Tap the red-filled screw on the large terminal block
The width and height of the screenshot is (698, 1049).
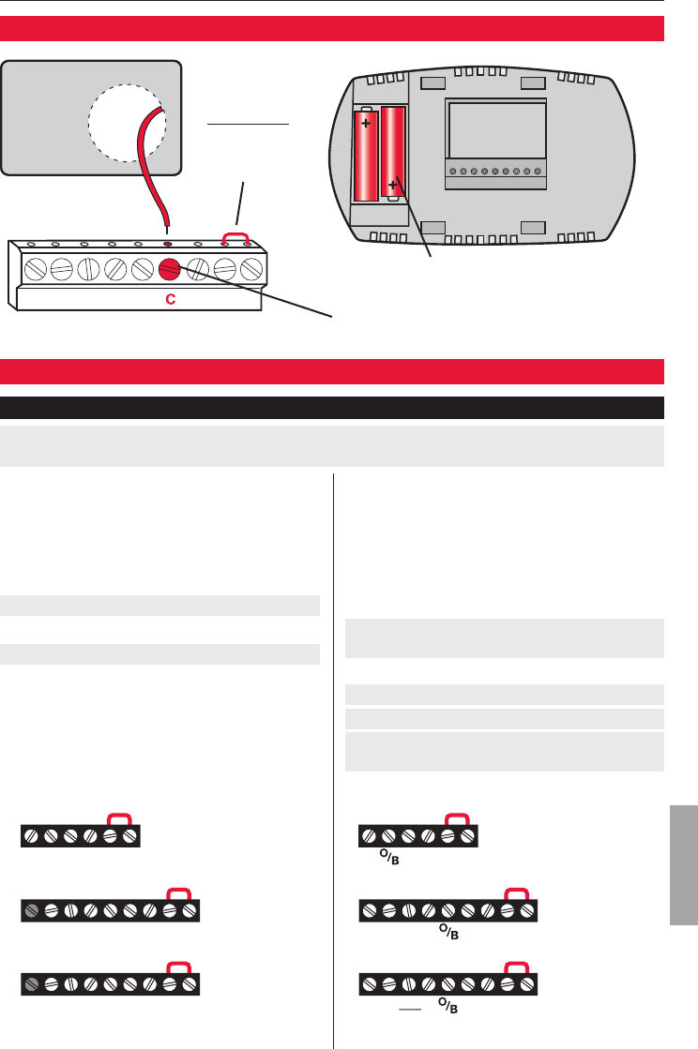(170, 269)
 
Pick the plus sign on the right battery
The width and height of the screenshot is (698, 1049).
(393, 186)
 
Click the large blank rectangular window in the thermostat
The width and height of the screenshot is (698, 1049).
(497, 130)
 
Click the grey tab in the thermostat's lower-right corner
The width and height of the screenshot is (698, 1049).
(533, 227)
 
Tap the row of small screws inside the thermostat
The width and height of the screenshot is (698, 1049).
(496, 172)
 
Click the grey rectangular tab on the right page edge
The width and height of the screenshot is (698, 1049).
(683, 862)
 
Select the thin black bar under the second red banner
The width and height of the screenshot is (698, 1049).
(332, 408)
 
